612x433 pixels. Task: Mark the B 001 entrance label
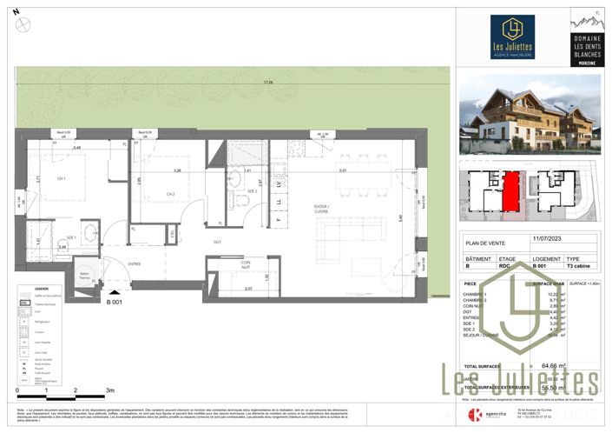(x=114, y=303)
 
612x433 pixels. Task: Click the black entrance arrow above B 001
(x=114, y=293)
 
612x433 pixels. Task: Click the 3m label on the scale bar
(x=109, y=391)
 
